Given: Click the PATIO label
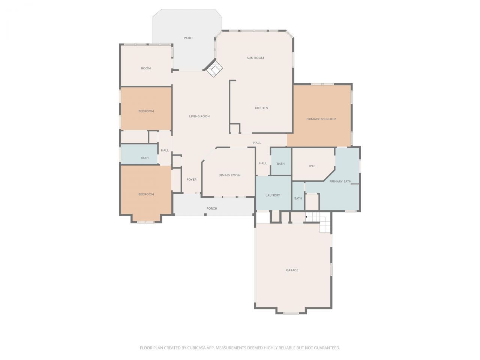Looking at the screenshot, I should click(188, 38).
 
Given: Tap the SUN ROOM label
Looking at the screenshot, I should click(255, 58).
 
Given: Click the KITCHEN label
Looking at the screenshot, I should click(261, 108).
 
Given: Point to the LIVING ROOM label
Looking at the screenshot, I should click(199, 116).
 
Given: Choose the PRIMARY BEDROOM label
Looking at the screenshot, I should click(321, 119).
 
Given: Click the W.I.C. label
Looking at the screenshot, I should click(312, 166).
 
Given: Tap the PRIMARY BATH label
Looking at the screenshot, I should click(340, 181).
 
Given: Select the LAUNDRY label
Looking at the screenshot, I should click(273, 195).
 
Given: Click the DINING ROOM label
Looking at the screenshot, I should click(229, 175).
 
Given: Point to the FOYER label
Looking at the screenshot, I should click(192, 180).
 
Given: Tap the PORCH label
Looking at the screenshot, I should click(212, 208).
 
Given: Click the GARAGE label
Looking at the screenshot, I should click(292, 270).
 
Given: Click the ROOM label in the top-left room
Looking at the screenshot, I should click(146, 68).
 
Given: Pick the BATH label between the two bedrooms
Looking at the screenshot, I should click(145, 158).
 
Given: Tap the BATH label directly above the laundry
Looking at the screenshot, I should click(280, 163).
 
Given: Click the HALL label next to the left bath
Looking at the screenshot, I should click(165, 150).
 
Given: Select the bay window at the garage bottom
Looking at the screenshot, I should click(291, 313).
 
